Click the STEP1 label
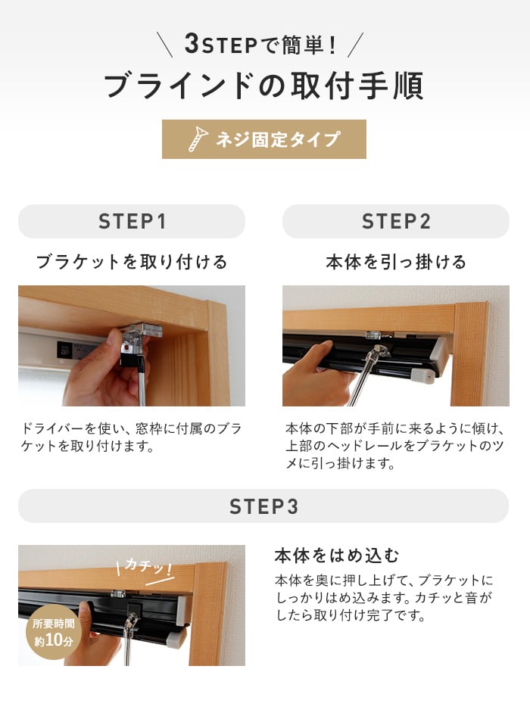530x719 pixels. pos(132,222)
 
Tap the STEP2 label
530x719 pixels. pos(396,222)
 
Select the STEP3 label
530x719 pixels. pos(263,506)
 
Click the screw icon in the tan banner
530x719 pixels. pos(198,139)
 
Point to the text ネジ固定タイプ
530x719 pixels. pos(278,139)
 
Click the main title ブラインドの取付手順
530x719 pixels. pos(263,86)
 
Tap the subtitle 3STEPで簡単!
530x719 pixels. pos(260,45)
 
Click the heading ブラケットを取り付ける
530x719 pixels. pos(132,262)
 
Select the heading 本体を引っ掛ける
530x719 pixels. pos(396,262)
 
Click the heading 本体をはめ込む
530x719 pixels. pos(337,556)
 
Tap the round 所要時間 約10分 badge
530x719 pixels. pos(54,632)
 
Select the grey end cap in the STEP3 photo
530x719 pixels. pos(176,637)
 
